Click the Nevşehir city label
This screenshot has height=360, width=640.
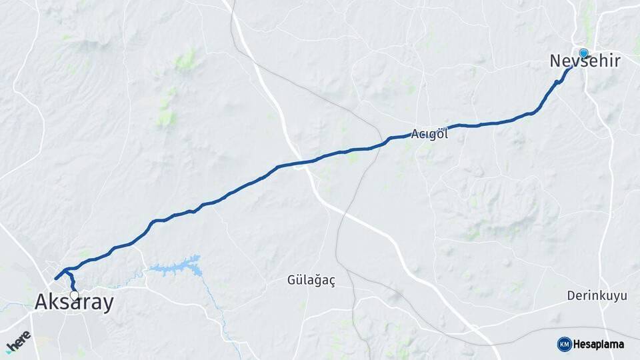point(585,61)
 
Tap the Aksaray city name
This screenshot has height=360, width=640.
point(74,303)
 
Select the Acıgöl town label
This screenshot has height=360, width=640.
point(429,134)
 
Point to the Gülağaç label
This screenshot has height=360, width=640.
point(311,280)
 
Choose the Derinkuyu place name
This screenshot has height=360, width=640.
point(598,295)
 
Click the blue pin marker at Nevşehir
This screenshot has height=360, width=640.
point(583,53)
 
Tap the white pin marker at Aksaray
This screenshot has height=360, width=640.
point(74,294)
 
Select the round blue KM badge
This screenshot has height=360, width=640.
point(564,344)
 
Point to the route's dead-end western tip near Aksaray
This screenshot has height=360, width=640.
point(55,279)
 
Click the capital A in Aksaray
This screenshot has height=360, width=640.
point(41,303)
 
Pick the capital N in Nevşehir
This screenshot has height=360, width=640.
point(555,61)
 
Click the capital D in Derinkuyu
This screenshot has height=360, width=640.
point(571,295)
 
